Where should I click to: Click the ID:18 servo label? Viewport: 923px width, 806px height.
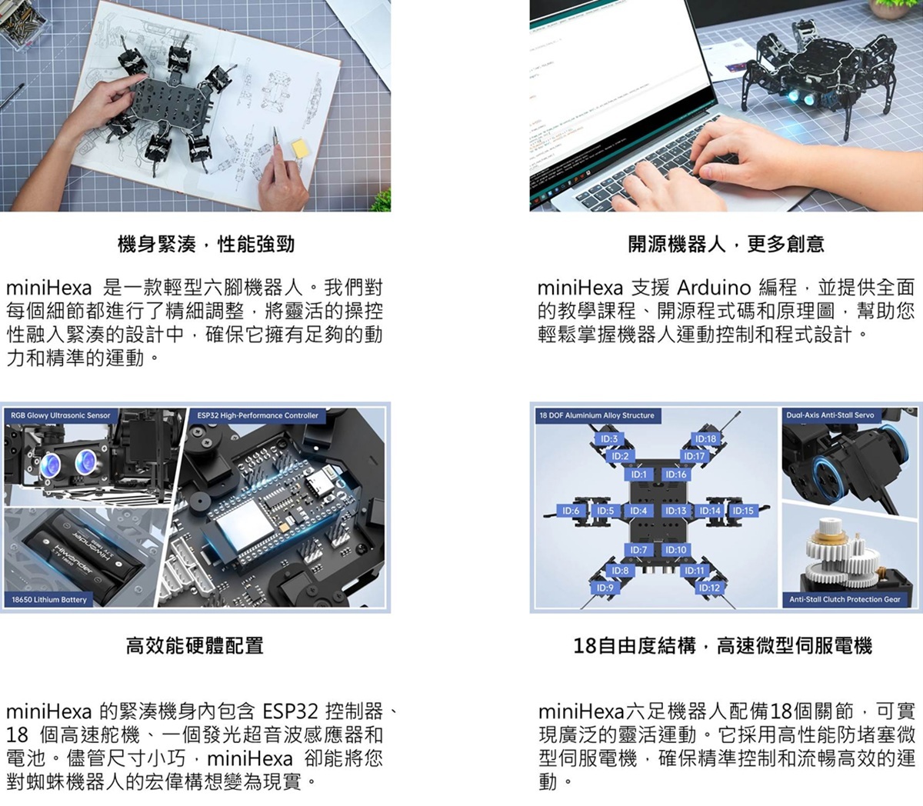pyautogui.click(x=705, y=439)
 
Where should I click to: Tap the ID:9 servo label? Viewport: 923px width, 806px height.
pyautogui.click(x=605, y=588)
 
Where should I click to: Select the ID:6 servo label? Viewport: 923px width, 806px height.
pyautogui.click(x=571, y=511)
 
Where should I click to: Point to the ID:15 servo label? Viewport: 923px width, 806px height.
pyautogui.click(x=743, y=511)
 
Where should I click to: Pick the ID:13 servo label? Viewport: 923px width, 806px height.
pyautogui.click(x=675, y=511)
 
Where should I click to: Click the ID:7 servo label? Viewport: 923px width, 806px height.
pyautogui.click(x=638, y=550)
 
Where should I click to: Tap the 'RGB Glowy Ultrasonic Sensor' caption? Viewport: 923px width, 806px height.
pyautogui.click(x=61, y=415)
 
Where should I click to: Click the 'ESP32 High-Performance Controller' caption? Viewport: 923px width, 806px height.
pyautogui.click(x=258, y=415)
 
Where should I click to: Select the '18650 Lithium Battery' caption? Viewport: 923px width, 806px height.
pyautogui.click(x=48, y=600)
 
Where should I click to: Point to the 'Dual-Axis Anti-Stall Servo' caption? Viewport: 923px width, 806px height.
pyautogui.click(x=830, y=415)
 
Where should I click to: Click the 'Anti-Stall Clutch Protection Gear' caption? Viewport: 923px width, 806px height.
pyautogui.click(x=845, y=599)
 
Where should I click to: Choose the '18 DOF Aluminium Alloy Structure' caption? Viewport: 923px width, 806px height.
pyautogui.click(x=597, y=415)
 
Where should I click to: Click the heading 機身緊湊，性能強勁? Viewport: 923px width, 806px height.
pyautogui.click(x=205, y=245)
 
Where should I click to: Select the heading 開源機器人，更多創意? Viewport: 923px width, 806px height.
pyautogui.click(x=726, y=245)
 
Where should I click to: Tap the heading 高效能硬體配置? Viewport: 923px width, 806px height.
pyautogui.click(x=195, y=645)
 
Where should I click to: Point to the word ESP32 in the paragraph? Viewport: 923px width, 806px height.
pyautogui.click(x=290, y=711)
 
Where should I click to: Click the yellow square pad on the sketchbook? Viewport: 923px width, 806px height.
pyautogui.click(x=300, y=148)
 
